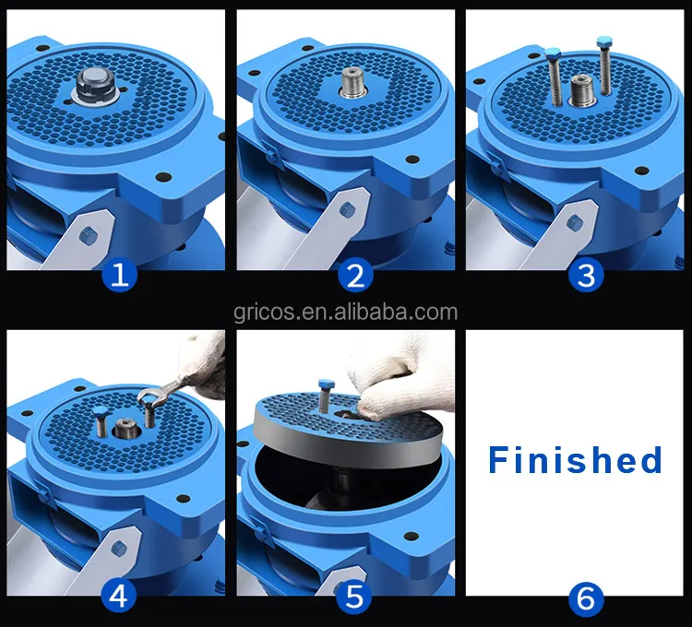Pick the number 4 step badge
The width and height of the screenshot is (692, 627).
[x=117, y=596]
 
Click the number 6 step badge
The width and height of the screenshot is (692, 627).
[x=585, y=596]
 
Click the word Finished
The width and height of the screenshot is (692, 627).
[x=575, y=459]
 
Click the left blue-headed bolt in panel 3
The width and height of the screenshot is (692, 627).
[x=555, y=77]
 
